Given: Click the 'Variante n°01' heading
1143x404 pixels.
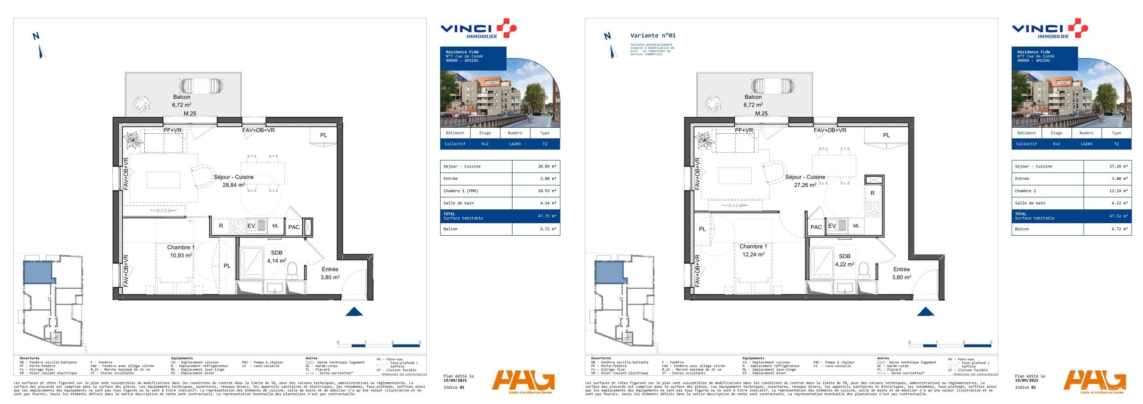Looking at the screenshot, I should coord(653,36).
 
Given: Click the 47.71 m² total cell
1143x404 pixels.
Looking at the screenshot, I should coord(547,216).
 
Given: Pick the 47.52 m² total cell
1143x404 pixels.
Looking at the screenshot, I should coord(1118,216).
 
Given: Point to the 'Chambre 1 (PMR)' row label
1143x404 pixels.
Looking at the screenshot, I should coord(461,191).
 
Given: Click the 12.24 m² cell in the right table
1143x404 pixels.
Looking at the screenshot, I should coord(1118,191).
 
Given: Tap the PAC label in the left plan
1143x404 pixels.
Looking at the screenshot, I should coord(294,227).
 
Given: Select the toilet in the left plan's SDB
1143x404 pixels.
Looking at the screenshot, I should coord(292,270).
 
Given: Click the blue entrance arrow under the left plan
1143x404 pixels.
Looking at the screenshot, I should coord(354,312).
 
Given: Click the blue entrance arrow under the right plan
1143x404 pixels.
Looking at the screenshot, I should coord(925,312).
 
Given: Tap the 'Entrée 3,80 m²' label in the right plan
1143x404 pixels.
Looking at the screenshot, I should coord(901,273).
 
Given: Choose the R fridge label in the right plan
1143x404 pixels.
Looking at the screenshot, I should coord(872,193).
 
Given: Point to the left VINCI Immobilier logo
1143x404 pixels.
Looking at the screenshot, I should coord(478,30).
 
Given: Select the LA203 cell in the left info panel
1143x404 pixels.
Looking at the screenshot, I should coord(515,144).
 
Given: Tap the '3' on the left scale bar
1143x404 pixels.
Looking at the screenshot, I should coord(419,343).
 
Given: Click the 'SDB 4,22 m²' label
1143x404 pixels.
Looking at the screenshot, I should coord(844,261).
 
